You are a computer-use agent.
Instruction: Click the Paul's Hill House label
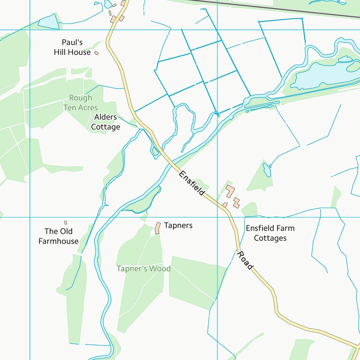(72, 47)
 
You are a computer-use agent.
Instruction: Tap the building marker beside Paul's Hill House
(97, 53)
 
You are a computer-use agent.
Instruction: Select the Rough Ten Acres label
(81, 103)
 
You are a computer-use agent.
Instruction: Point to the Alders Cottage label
(105, 122)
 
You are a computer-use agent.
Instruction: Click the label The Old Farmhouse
(59, 236)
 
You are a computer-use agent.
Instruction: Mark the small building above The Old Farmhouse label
(66, 223)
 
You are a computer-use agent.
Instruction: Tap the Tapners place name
(178, 225)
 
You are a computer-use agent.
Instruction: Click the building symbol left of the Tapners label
(158, 228)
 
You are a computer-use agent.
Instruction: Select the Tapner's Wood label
(143, 269)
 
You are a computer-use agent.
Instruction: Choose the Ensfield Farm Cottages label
(270, 233)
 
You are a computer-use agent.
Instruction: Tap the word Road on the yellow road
(245, 260)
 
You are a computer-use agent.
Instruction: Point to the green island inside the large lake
(353, 67)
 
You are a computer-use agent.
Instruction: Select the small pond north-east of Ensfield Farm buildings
(267, 170)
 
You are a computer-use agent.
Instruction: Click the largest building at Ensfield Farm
(230, 191)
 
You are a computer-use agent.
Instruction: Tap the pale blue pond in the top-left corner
(48, 21)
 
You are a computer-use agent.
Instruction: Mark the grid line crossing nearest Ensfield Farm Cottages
(217, 217)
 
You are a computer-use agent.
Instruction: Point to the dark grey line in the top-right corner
(281, 9)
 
